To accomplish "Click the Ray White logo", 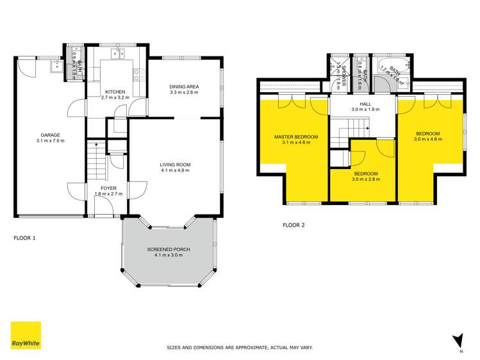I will [x=26, y=335].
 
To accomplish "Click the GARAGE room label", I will [x=51, y=135].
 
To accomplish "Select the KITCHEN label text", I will [x=115, y=92].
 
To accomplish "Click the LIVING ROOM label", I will [x=175, y=165].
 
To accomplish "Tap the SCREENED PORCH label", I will [x=169, y=249].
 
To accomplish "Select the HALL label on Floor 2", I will [x=365, y=102].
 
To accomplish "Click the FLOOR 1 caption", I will [x=25, y=238].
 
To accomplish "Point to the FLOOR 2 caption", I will [x=294, y=225].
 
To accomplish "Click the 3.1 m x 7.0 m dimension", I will [x=51, y=141].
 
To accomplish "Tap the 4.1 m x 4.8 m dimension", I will [x=175, y=171].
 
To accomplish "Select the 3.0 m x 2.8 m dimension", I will [x=365, y=180].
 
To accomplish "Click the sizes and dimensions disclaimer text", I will [x=240, y=347].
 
